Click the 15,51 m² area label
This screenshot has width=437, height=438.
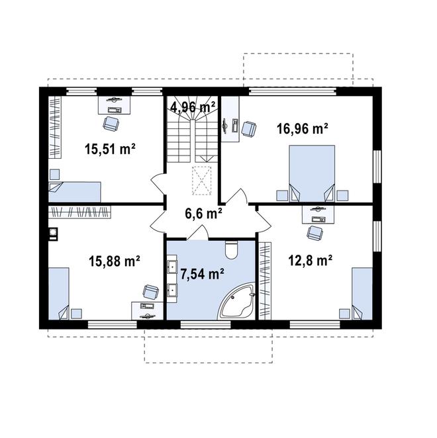coord(110,149)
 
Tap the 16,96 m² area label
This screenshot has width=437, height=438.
coord(302,129)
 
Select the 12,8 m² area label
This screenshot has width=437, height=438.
coord(311,261)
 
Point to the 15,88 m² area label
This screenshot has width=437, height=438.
coord(115,261)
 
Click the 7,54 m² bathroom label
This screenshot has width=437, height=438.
coord(202,274)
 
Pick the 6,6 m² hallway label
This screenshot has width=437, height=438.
coord(203,214)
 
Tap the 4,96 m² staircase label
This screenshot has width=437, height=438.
coord(193,107)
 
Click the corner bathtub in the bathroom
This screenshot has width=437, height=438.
coord(236,302)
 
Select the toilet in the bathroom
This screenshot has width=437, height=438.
coord(231,249)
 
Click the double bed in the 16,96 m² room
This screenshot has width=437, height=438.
coord(312,173)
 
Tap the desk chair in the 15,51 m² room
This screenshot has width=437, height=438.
coord(111,124)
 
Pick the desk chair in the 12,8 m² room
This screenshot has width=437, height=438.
coord(315,233)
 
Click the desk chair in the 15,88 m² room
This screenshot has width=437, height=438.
coord(151,292)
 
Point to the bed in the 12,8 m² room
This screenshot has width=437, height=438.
coord(362,294)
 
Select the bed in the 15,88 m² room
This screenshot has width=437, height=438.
coord(59,294)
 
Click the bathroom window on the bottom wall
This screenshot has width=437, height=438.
coord(205,324)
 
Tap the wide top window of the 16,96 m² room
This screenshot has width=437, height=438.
coord(293,91)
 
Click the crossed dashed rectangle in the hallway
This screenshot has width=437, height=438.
coord(202,181)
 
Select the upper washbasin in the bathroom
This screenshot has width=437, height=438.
coord(172,267)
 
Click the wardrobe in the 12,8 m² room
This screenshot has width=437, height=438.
coord(266,281)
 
